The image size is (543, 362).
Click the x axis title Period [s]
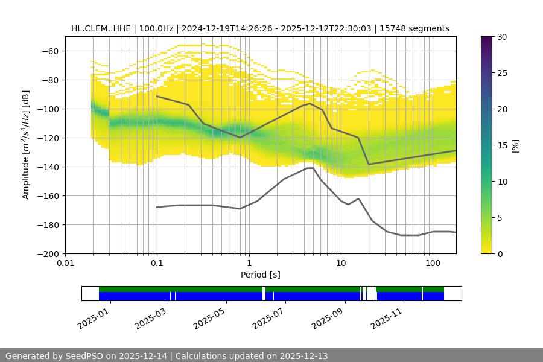(261, 275)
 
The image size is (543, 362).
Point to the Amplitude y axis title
(25, 145)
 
